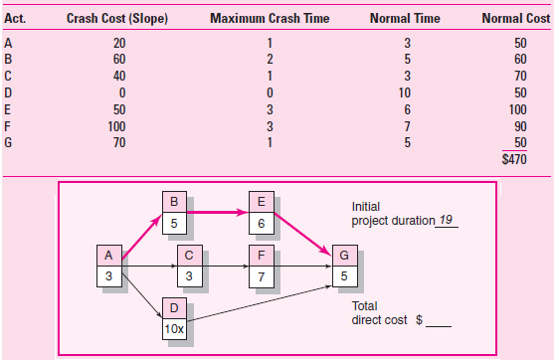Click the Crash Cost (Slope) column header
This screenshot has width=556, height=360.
101,19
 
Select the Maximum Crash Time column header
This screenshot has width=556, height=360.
270,19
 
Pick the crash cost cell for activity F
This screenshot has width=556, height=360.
120,126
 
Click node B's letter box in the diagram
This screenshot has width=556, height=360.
174,201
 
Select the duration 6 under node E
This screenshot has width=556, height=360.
261,223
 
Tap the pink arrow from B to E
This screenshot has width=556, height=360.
217,212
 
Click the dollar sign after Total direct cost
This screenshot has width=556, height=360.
419,321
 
